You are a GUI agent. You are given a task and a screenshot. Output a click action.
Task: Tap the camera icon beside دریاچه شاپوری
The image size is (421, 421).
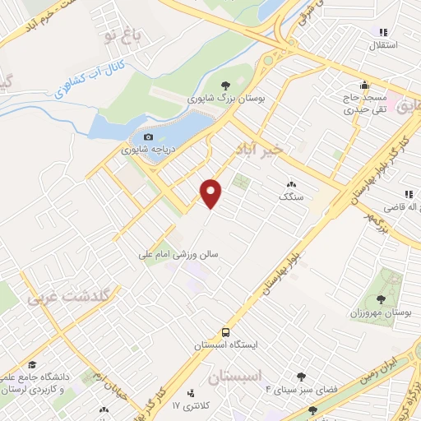pyautogui.click(x=148, y=137)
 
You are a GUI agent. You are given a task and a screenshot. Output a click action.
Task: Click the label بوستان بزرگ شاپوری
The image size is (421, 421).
pyautogui.click(x=225, y=98)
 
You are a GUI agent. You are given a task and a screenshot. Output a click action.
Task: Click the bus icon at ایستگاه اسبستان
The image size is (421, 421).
pyautogui.click(x=225, y=333)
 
